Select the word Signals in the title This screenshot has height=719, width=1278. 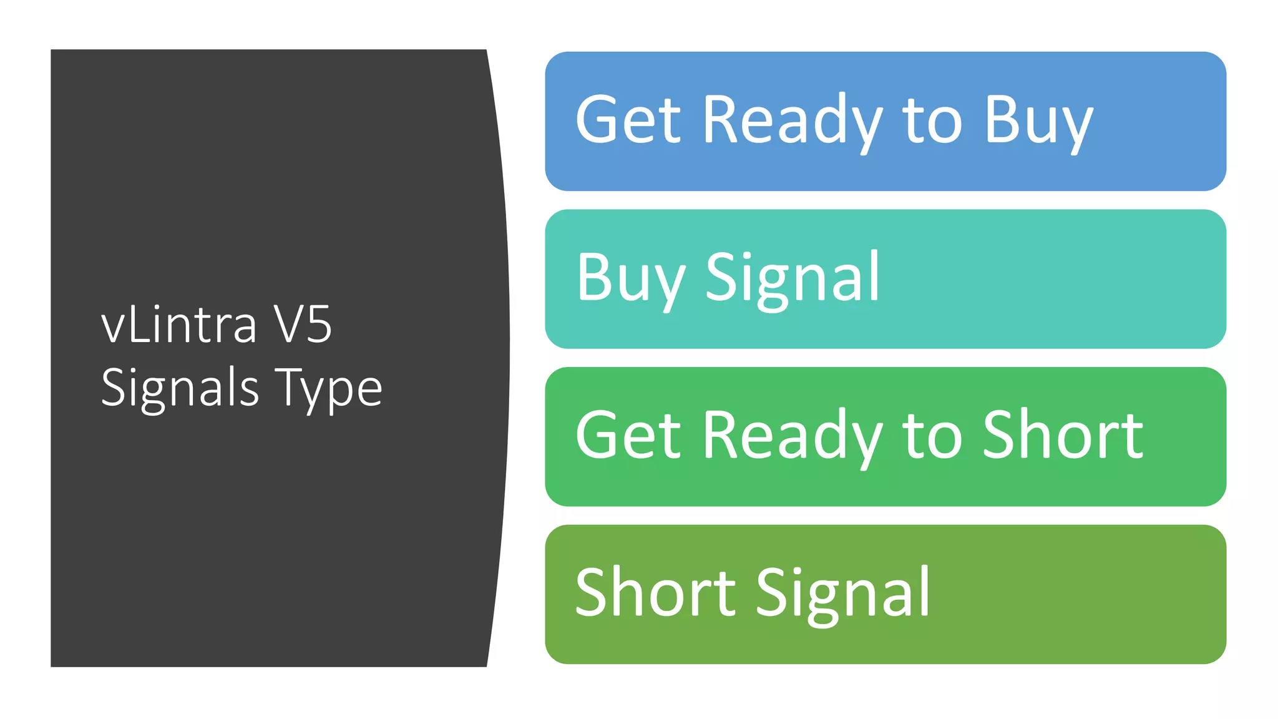pos(180,388)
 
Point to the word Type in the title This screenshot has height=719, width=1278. pos(329,388)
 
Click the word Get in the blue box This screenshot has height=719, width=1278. pos(628,120)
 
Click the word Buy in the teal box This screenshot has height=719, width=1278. pos(630,278)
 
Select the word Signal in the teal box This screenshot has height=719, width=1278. pos(793,278)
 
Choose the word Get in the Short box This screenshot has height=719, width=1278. pos(628,436)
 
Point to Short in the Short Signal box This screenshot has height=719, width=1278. pos(655,592)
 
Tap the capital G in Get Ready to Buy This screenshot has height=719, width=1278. pos(598,120)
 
